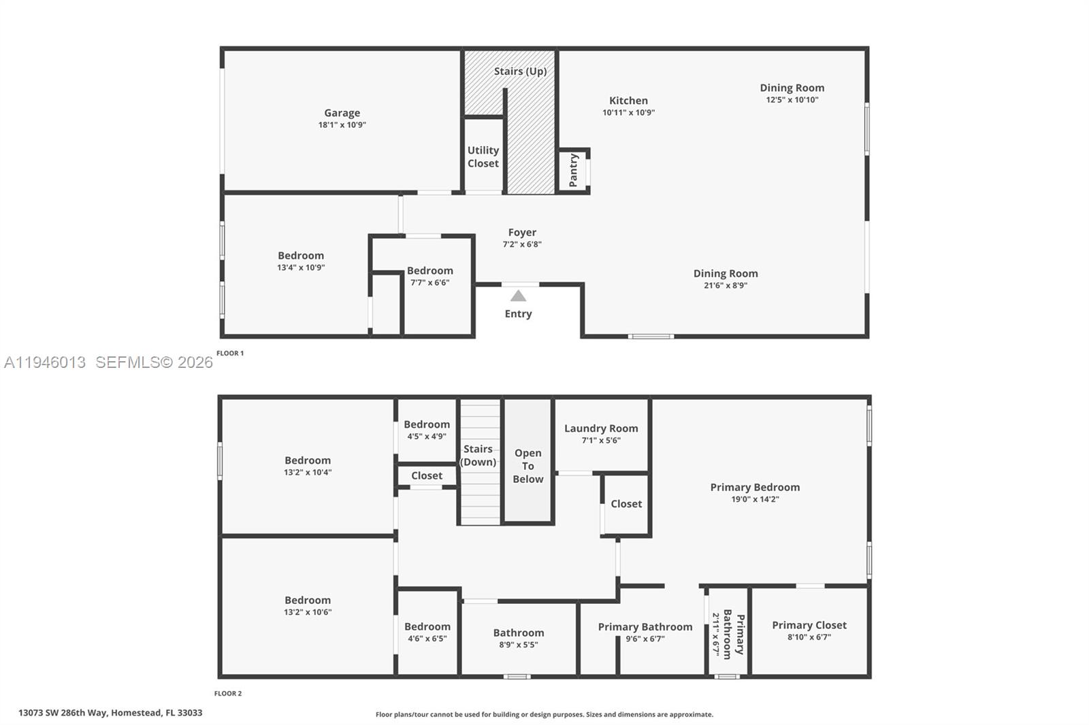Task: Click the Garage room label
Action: [x=342, y=113]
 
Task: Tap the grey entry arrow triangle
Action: [x=518, y=296]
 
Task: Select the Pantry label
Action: [x=573, y=170]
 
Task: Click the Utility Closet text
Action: [x=483, y=156]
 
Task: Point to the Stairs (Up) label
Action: [x=520, y=71]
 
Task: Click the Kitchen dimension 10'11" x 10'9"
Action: [x=628, y=113]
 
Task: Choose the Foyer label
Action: [x=522, y=232]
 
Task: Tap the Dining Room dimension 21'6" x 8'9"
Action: [x=726, y=286]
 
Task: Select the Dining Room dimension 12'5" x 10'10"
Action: [x=792, y=100]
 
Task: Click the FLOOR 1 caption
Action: [x=229, y=353]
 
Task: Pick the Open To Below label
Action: [x=528, y=466]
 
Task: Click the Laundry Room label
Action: [x=601, y=428]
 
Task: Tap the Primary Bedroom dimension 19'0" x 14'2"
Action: [x=755, y=499]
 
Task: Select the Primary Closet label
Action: [x=809, y=625]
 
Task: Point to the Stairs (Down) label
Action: [x=478, y=456]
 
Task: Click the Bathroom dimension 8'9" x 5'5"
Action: [x=518, y=645]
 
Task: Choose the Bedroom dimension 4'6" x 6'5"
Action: [x=427, y=639]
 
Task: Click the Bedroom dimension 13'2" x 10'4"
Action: [x=308, y=473]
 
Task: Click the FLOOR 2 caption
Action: [x=227, y=693]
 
